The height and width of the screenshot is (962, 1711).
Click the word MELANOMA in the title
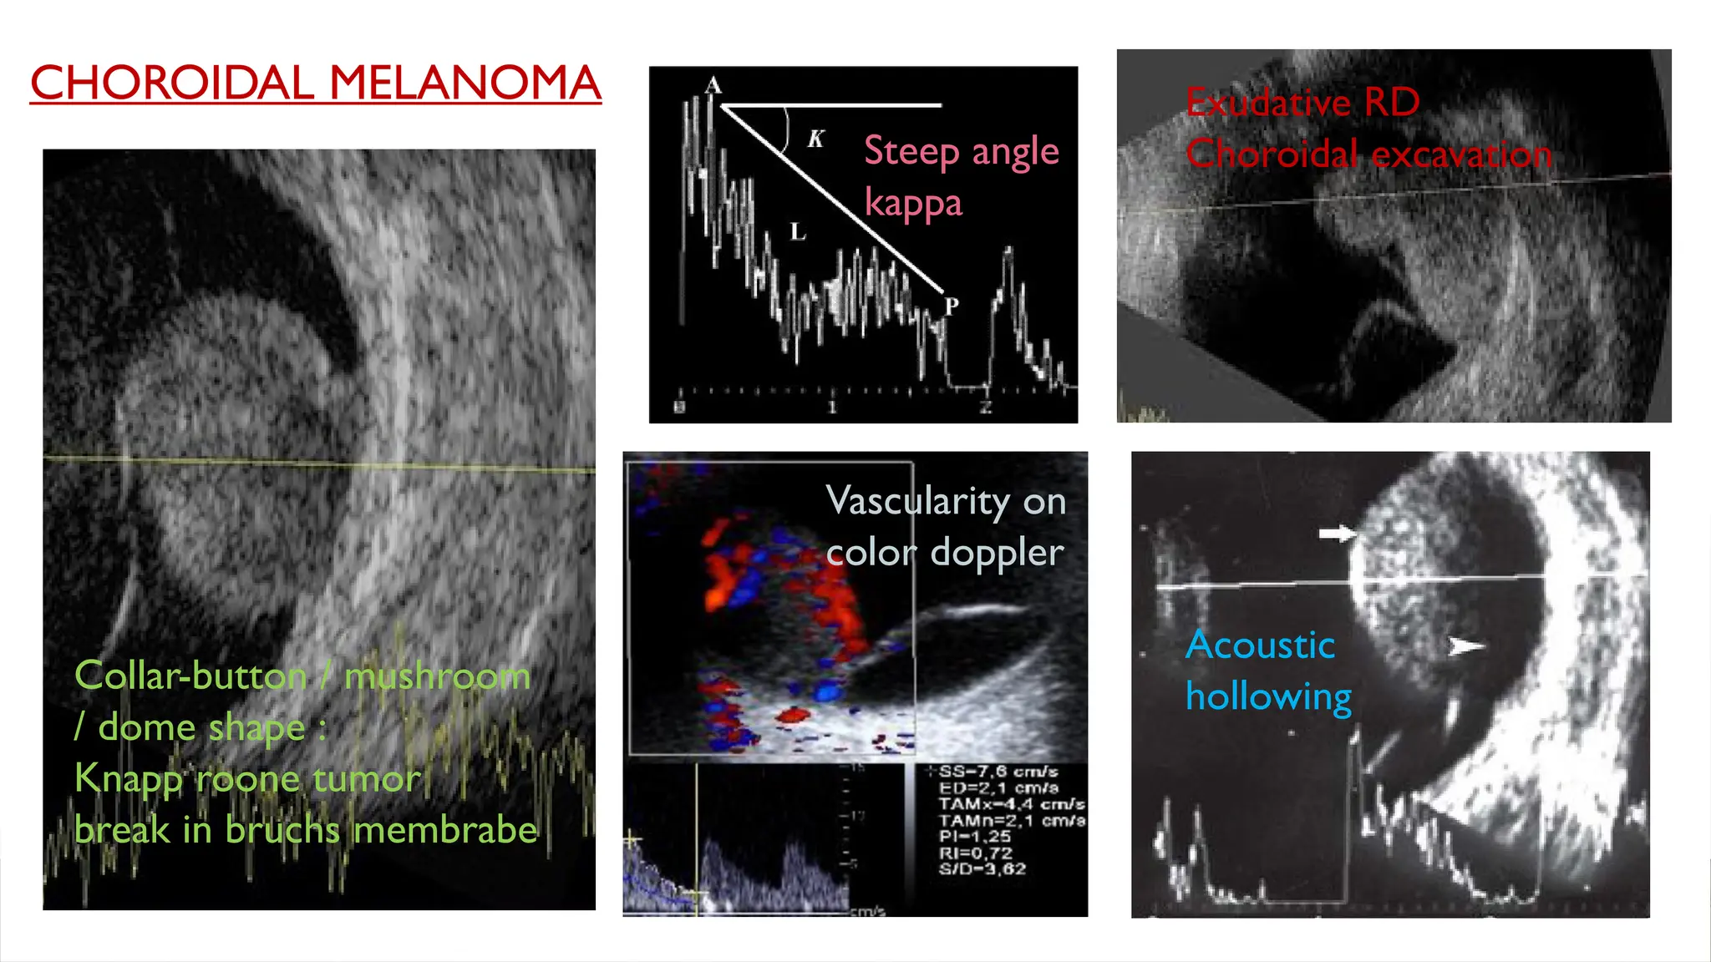[465, 84]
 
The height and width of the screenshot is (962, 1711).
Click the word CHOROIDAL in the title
[172, 84]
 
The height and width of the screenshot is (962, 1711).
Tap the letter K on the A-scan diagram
[815, 139]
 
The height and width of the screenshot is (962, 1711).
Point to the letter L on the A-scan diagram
[798, 232]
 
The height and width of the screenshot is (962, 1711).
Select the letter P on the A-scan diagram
[951, 306]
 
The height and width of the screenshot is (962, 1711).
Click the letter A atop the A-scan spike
[713, 85]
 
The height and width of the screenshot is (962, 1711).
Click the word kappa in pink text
[913, 204]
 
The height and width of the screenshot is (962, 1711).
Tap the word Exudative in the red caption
[1268, 103]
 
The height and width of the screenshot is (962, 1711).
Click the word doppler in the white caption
[997, 553]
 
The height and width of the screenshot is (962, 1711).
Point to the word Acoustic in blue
[1260, 645]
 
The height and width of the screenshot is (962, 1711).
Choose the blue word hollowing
[1268, 696]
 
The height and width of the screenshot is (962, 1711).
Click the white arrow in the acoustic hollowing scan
[1337, 533]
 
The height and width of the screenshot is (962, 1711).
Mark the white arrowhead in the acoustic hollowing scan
[1465, 646]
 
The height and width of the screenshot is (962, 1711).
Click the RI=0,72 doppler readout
[975, 853]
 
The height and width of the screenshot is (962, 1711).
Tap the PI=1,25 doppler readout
[974, 837]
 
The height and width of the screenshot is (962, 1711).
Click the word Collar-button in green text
[190, 676]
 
